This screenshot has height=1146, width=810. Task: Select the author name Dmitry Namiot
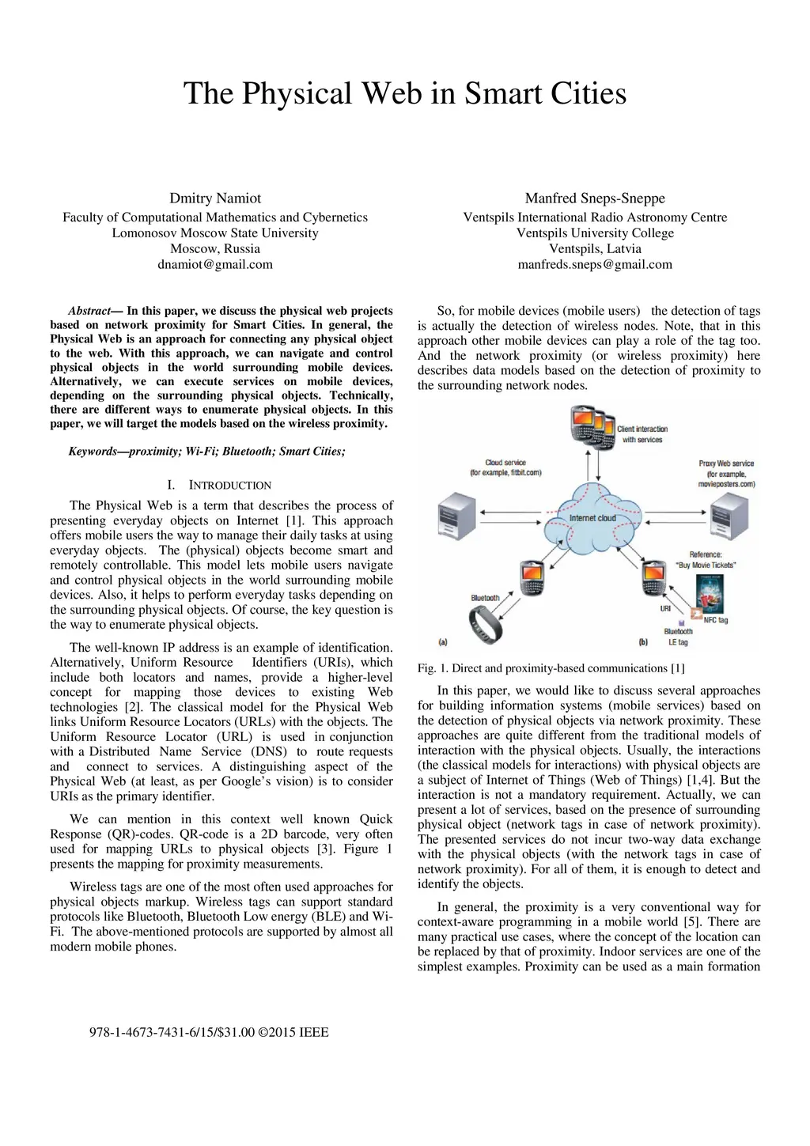click(215, 199)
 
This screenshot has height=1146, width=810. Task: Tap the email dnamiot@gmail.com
click(215, 264)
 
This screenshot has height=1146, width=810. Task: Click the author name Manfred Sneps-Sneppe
click(595, 199)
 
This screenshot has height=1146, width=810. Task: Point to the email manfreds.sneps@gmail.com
click(595, 264)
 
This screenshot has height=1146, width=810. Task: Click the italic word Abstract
click(89, 311)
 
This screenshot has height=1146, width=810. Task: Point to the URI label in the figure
click(665, 609)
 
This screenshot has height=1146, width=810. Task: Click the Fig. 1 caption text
click(551, 668)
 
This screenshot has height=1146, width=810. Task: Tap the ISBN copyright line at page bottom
click(209, 1032)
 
